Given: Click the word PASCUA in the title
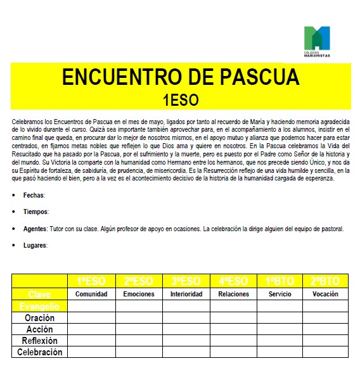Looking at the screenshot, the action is point(259,77).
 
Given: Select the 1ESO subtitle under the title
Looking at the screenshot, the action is point(180,99).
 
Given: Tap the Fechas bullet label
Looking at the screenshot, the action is point(34,196).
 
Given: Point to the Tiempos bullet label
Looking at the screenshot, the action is point(36,212).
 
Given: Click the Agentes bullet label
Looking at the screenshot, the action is point(35,229).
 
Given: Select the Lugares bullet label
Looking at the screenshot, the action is point(35,245).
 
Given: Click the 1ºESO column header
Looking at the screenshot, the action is point(91,281).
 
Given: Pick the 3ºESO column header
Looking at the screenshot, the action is point(186,281).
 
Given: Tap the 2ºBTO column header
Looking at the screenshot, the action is point(325,281).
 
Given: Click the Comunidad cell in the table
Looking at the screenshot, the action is point(91,294).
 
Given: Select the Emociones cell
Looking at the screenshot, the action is point(139,294).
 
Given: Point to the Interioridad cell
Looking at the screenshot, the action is point(186,294).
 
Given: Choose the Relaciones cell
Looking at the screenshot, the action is point(233,294).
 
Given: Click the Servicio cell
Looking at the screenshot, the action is point(280,294).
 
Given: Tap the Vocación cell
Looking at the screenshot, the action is point(325,294).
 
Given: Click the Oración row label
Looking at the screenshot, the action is point(39,318).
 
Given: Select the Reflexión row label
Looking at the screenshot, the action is point(39,341).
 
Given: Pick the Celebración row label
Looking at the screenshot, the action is point(39,352).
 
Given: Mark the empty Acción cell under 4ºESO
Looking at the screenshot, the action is point(233,329).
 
